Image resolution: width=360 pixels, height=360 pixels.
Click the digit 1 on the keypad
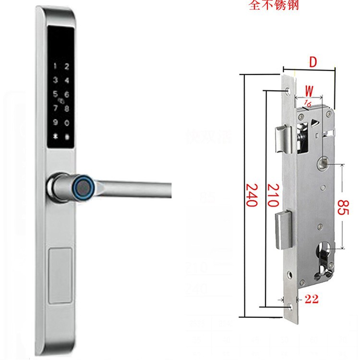coord(56,66)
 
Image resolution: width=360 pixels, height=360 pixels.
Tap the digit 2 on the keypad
coord(67,66)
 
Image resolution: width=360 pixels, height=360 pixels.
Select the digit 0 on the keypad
coord(67,123)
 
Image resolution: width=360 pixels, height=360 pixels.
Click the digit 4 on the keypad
coord(67,81)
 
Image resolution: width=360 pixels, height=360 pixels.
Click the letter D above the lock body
coord(312,62)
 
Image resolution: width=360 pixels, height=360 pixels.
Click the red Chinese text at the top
coord(271,7)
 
